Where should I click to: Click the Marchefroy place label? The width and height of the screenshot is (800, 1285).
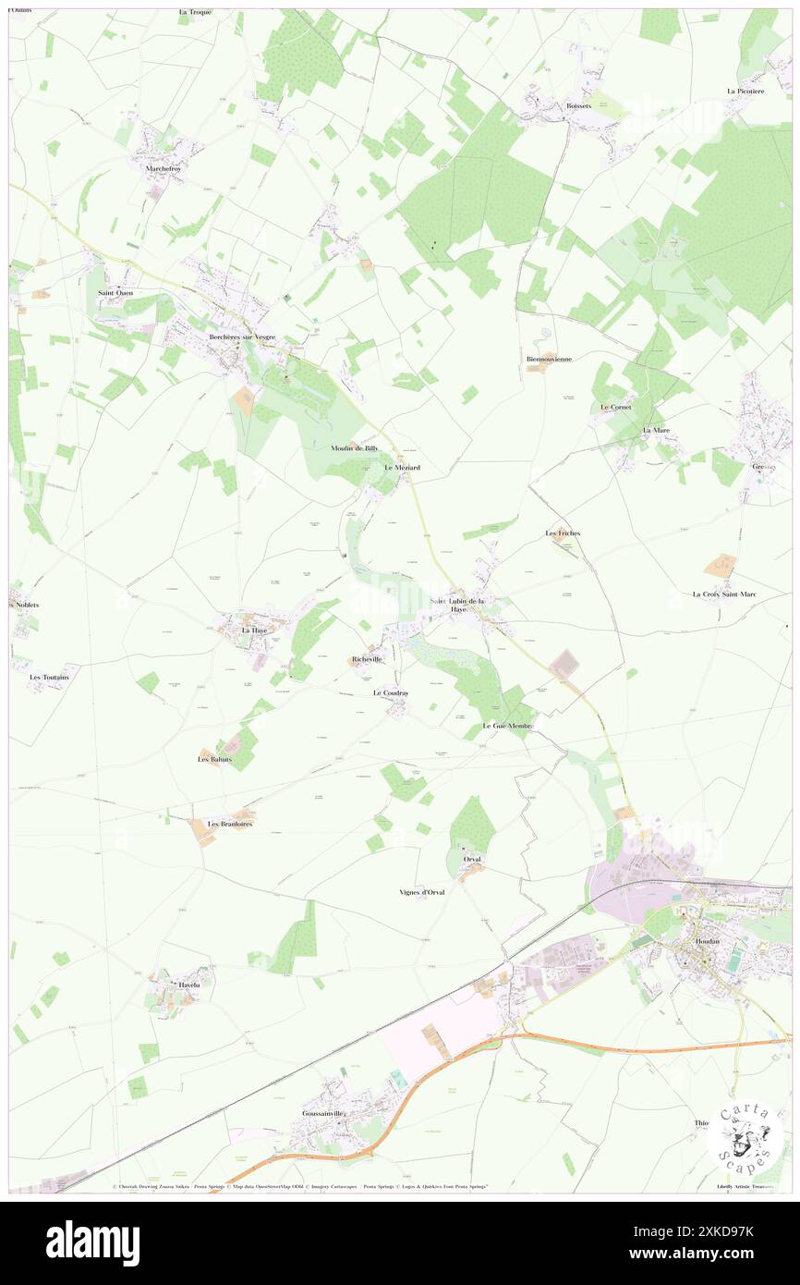click(166, 169)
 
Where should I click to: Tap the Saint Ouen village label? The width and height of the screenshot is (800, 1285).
click(115, 293)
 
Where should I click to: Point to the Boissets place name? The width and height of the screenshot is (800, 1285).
click(578, 106)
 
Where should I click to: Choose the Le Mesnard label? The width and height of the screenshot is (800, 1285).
click(402, 468)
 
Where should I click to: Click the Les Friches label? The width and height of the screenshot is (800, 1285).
click(563, 533)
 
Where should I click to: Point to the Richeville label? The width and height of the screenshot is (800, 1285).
click(367, 659)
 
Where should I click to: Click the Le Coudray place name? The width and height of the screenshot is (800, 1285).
click(391, 692)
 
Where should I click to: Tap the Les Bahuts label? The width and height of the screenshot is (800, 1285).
click(214, 759)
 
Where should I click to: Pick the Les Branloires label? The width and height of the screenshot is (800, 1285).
click(230, 823)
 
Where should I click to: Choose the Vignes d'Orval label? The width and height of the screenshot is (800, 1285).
click(421, 892)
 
